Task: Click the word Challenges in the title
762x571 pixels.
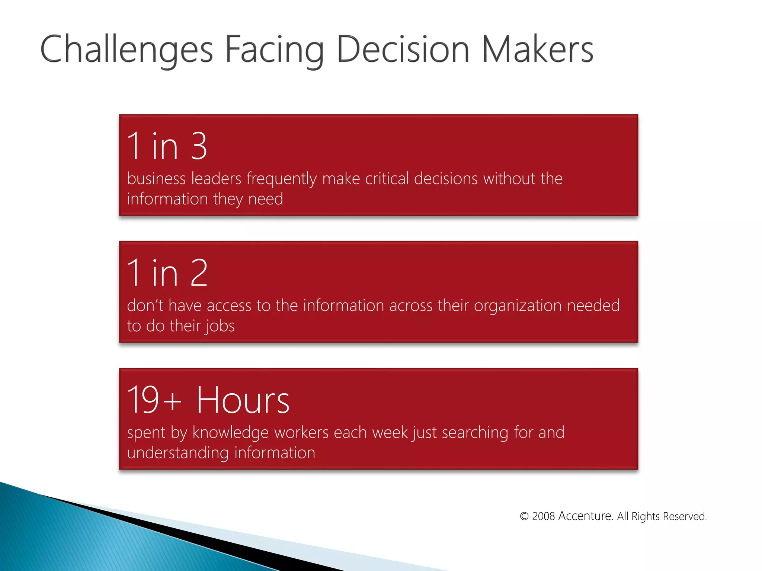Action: pos(127,49)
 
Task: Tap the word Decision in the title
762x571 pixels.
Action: pos(403,49)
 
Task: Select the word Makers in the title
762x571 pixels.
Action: pos(537,49)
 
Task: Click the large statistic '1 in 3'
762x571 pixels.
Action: pos(167,146)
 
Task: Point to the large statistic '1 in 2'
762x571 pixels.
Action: pos(167,273)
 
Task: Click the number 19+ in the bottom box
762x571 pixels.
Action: pos(154,400)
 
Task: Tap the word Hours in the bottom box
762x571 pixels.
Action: pos(243,400)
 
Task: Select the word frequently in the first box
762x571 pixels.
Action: pos(282,179)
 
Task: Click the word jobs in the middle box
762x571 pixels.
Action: pos(220,326)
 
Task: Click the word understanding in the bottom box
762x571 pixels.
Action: pos(178,453)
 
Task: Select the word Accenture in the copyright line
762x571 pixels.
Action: pos(586,516)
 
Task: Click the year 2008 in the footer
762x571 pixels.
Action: pos(543,516)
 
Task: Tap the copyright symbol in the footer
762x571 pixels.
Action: pos(524,516)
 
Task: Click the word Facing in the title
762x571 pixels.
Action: pos(275,49)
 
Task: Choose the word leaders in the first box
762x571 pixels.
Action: pos(216,179)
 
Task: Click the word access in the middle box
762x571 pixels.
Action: pos(229,306)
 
